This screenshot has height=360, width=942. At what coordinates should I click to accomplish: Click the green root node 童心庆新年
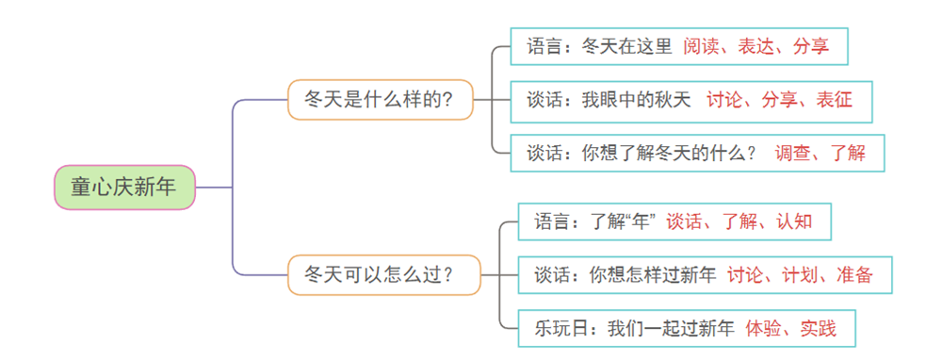pos(123,187)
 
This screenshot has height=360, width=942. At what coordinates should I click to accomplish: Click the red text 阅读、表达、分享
pos(756,45)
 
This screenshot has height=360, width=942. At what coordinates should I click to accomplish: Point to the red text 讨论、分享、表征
pos(779,99)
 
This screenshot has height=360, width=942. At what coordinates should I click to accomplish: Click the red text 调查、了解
pos(820,153)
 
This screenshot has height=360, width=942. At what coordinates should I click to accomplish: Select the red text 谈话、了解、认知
pos(739,222)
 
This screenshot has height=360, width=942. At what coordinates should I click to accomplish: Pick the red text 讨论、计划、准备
pos(800,275)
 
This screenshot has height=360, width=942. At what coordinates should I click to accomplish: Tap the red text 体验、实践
pos(790,329)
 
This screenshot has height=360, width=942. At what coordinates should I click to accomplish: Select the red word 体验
pos(763,329)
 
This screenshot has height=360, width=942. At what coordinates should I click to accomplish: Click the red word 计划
pos(800,275)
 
